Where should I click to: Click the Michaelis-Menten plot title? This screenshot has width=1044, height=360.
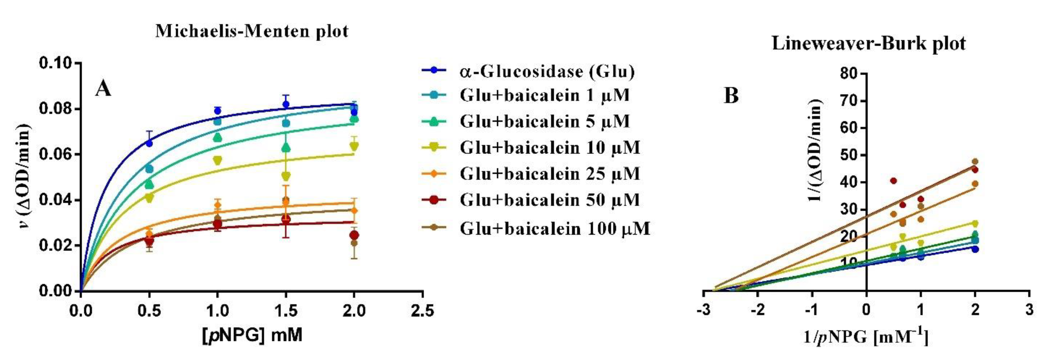pyautogui.click(x=252, y=31)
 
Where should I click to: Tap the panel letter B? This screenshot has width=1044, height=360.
pyautogui.click(x=731, y=96)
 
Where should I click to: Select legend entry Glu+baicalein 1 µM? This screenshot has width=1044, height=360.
pyautogui.click(x=544, y=95)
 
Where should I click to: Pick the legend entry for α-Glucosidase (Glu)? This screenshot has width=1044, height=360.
pyautogui.click(x=546, y=71)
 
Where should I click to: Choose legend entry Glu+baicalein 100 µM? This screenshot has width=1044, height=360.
pyautogui.click(x=555, y=229)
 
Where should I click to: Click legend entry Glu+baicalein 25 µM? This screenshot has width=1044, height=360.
pyautogui.click(x=549, y=174)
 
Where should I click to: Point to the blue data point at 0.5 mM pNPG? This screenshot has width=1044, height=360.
pyautogui.click(x=149, y=143)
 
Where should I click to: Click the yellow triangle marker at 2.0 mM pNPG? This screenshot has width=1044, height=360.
pyautogui.click(x=354, y=146)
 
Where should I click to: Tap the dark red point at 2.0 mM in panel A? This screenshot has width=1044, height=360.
pyautogui.click(x=354, y=235)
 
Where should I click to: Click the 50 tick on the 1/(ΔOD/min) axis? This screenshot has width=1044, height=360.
pyautogui.click(x=849, y=155)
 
